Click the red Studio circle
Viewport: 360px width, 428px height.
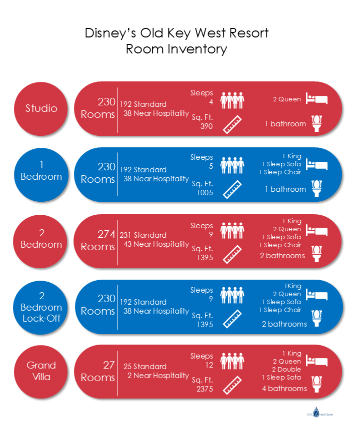click(42, 108)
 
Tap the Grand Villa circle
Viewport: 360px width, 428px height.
click(42, 371)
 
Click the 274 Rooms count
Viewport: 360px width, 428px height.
click(98, 240)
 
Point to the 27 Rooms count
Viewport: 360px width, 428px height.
click(98, 371)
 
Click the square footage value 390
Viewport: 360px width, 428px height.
click(206, 126)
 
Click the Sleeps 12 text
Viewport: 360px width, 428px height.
click(202, 361)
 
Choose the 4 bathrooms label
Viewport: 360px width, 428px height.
click(284, 388)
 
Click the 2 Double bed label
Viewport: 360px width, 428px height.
click(286, 369)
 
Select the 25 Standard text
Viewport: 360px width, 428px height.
click(145, 366)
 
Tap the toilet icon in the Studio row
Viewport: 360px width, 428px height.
click(316, 123)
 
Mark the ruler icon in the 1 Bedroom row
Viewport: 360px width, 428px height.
click(232, 189)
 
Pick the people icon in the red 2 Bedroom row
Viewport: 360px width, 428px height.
click(232, 231)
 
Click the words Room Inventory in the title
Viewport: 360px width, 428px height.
click(176, 49)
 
